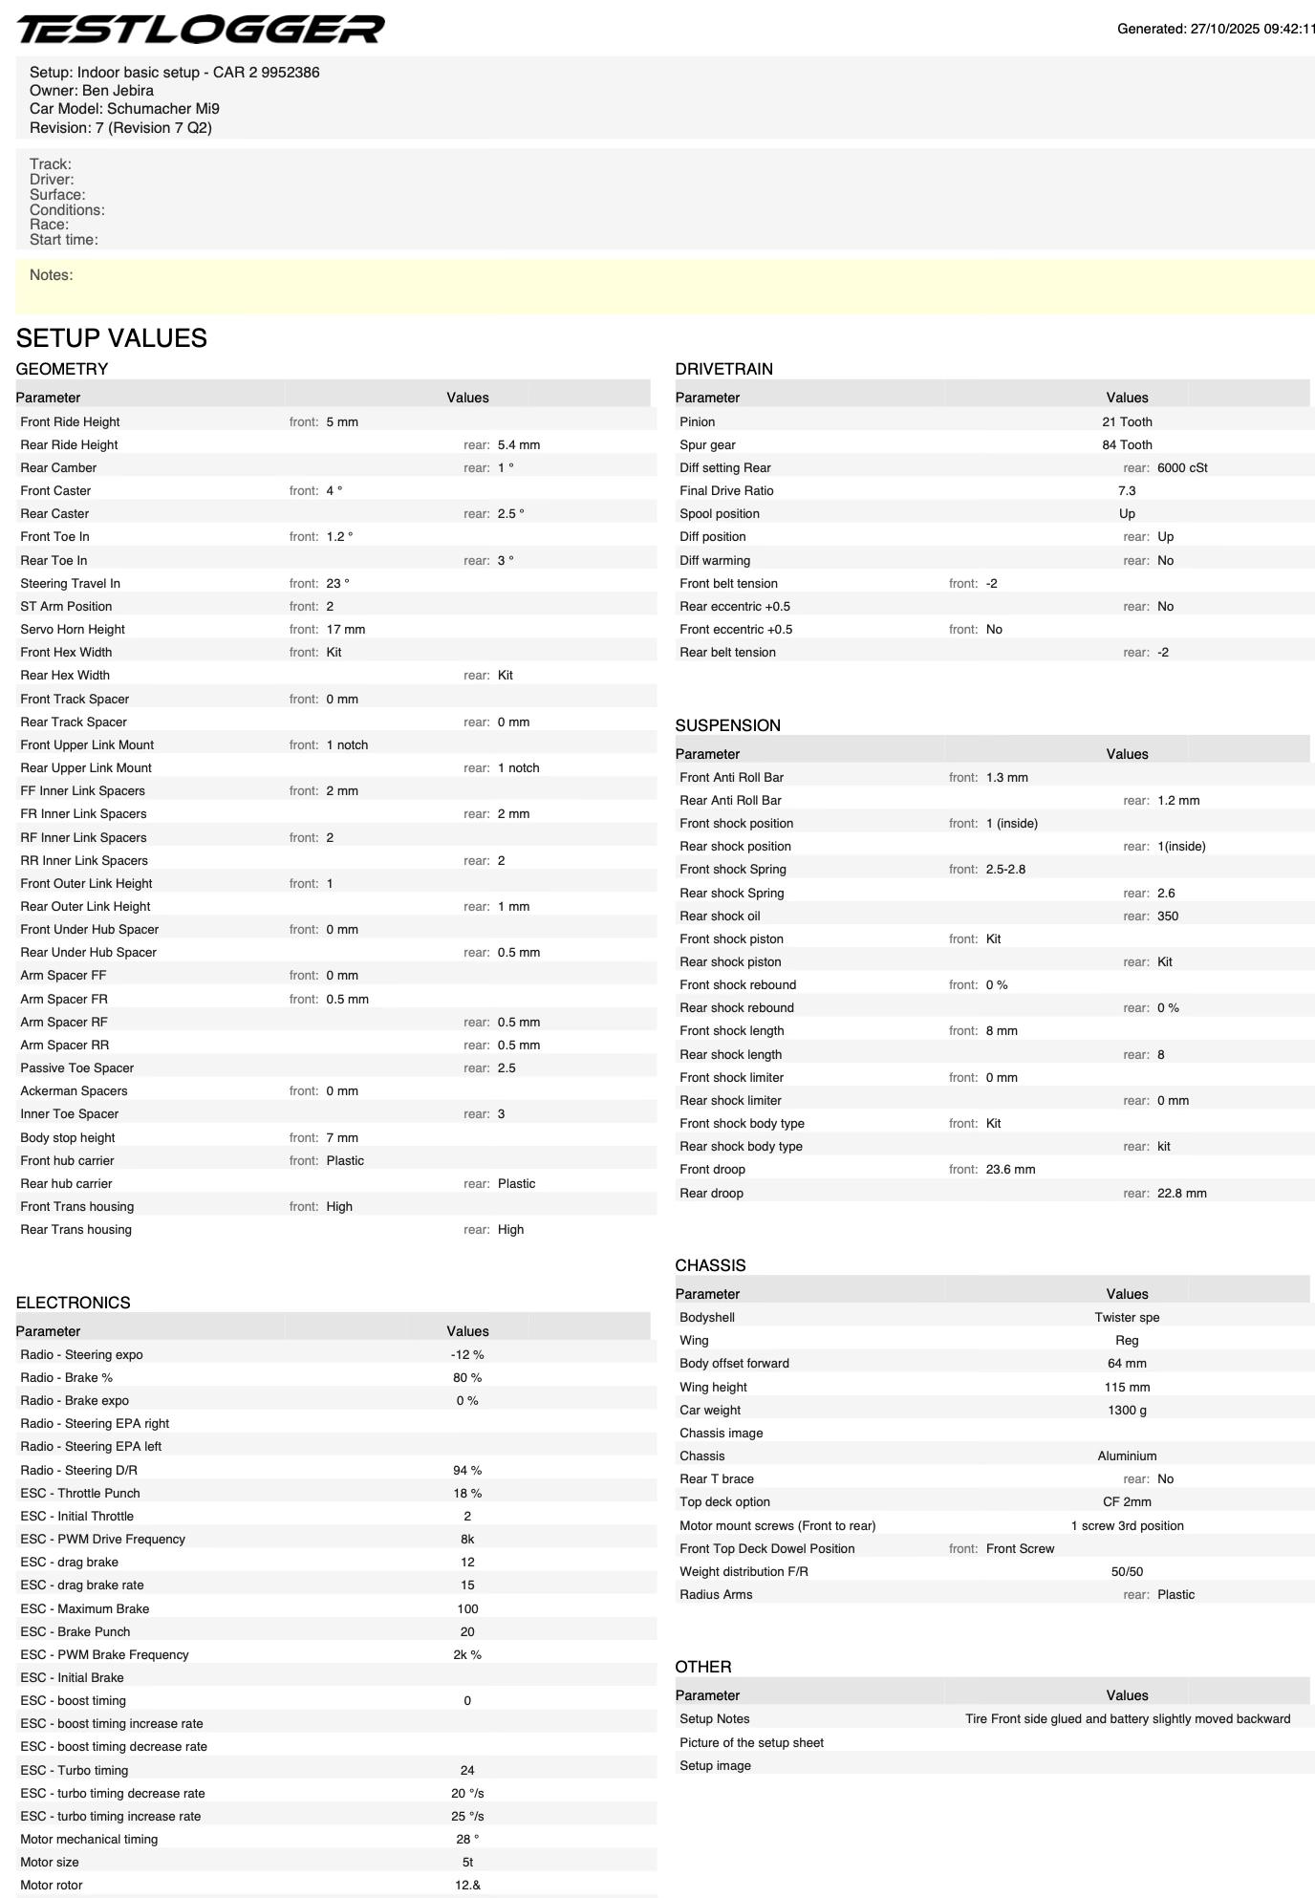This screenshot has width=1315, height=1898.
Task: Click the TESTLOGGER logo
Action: [x=201, y=30]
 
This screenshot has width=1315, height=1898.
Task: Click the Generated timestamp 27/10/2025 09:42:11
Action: [x=1216, y=30]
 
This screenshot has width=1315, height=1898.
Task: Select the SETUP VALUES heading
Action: [x=112, y=338]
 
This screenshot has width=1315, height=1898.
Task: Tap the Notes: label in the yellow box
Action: [x=52, y=275]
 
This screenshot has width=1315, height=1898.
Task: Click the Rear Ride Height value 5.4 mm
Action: [x=518, y=445]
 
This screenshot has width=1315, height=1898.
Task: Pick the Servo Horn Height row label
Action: [x=73, y=630]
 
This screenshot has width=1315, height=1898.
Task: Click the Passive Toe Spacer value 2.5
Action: [x=507, y=1068]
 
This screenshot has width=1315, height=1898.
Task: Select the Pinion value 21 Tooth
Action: [x=1127, y=422]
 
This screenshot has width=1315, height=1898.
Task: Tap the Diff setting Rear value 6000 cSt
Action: [x=1182, y=468]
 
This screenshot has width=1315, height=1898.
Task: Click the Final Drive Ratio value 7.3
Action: [x=1127, y=491]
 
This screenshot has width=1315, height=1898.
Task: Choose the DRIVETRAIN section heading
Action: [x=723, y=369]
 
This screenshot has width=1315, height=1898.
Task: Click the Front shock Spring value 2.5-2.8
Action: [x=1005, y=870]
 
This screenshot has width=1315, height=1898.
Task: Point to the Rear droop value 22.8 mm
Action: [x=1181, y=1194]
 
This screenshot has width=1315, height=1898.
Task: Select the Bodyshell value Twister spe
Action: [x=1127, y=1318]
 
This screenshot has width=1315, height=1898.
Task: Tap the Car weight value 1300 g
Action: [x=1127, y=1411]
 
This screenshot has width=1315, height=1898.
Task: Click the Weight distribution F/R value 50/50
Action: [x=1127, y=1572]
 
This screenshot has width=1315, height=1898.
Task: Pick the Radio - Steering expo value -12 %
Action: [x=467, y=1355]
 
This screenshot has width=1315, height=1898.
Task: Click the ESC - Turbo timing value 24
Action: [x=467, y=1771]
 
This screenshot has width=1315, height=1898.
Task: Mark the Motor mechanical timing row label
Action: [x=89, y=1840]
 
